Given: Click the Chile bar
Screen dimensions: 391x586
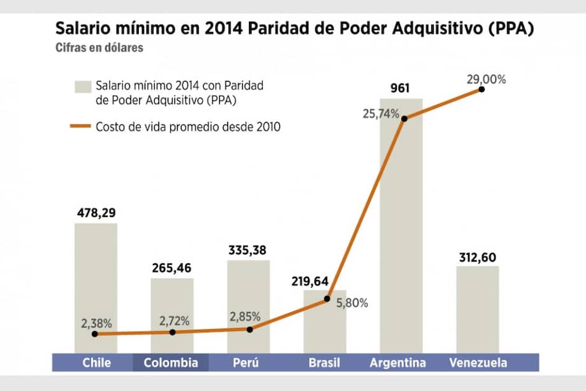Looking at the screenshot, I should point(96,287).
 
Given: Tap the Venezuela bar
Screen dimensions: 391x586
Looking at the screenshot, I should point(478,309).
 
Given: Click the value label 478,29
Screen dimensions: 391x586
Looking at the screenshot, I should point(96,212).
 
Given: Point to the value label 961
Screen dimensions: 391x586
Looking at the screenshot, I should point(400,88).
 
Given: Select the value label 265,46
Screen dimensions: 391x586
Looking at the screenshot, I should point(172,268).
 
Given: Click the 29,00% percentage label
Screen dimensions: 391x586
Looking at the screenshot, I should point(486,80).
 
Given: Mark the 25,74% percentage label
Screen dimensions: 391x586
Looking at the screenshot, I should point(382,114).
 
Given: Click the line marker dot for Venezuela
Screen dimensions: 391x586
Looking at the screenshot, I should point(482,89).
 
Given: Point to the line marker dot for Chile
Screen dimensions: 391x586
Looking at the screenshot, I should point(95,334).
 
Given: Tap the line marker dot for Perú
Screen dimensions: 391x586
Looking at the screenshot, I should point(249,329).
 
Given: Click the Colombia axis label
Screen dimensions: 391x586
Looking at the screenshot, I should point(171,363).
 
